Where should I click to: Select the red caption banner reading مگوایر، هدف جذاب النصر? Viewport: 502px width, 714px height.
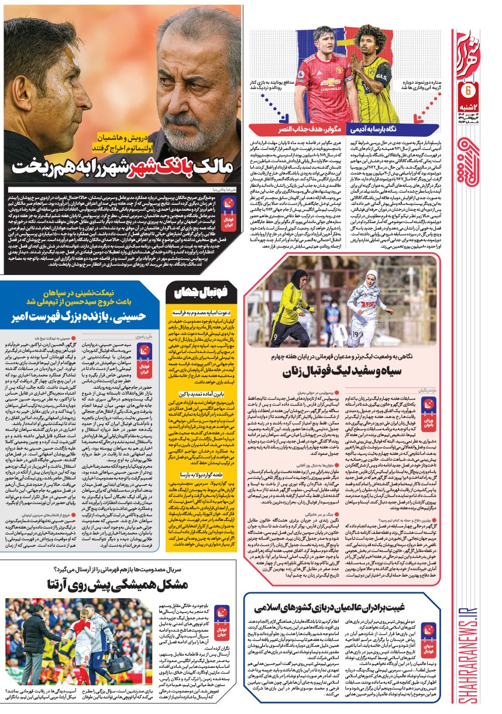point(285,126)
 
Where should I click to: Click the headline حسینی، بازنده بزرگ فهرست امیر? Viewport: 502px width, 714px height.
point(82,317)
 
